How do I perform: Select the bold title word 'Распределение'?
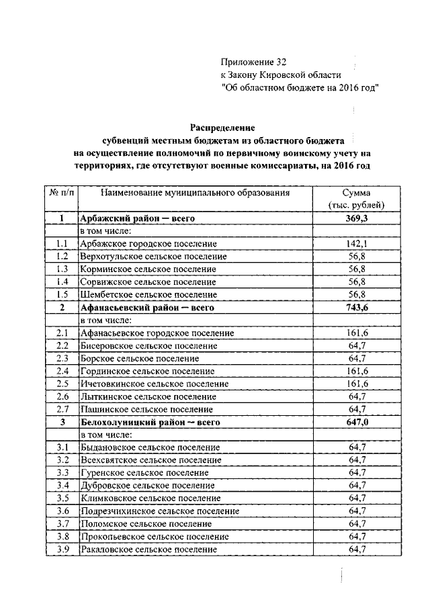(x=222, y=127)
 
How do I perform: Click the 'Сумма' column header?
(x=357, y=192)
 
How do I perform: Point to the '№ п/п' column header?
(x=62, y=192)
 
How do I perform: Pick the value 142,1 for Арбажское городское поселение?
(x=357, y=244)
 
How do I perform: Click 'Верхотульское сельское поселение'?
(x=153, y=257)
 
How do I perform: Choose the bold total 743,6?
(x=357, y=308)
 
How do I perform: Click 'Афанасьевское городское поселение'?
(x=157, y=333)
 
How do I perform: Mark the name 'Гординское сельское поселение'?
(x=148, y=371)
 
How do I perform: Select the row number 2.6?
(x=62, y=396)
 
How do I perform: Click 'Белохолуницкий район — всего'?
(x=150, y=423)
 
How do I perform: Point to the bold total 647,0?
(x=357, y=423)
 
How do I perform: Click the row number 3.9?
(x=62, y=550)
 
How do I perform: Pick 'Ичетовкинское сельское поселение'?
(x=154, y=384)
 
